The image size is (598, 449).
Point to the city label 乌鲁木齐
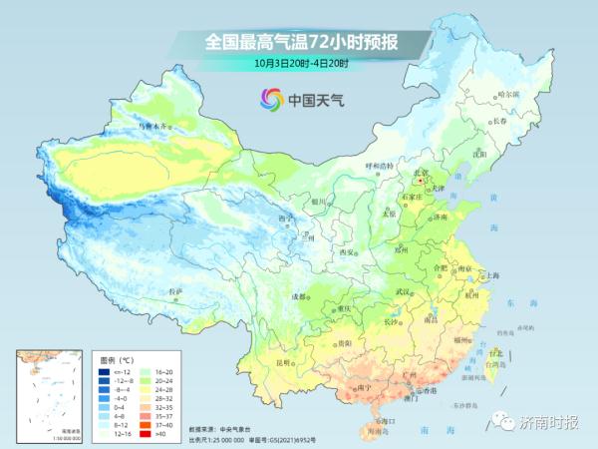[x=154, y=127]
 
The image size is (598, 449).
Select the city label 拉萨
[x=176, y=291]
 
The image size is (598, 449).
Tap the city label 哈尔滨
[x=509, y=94]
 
